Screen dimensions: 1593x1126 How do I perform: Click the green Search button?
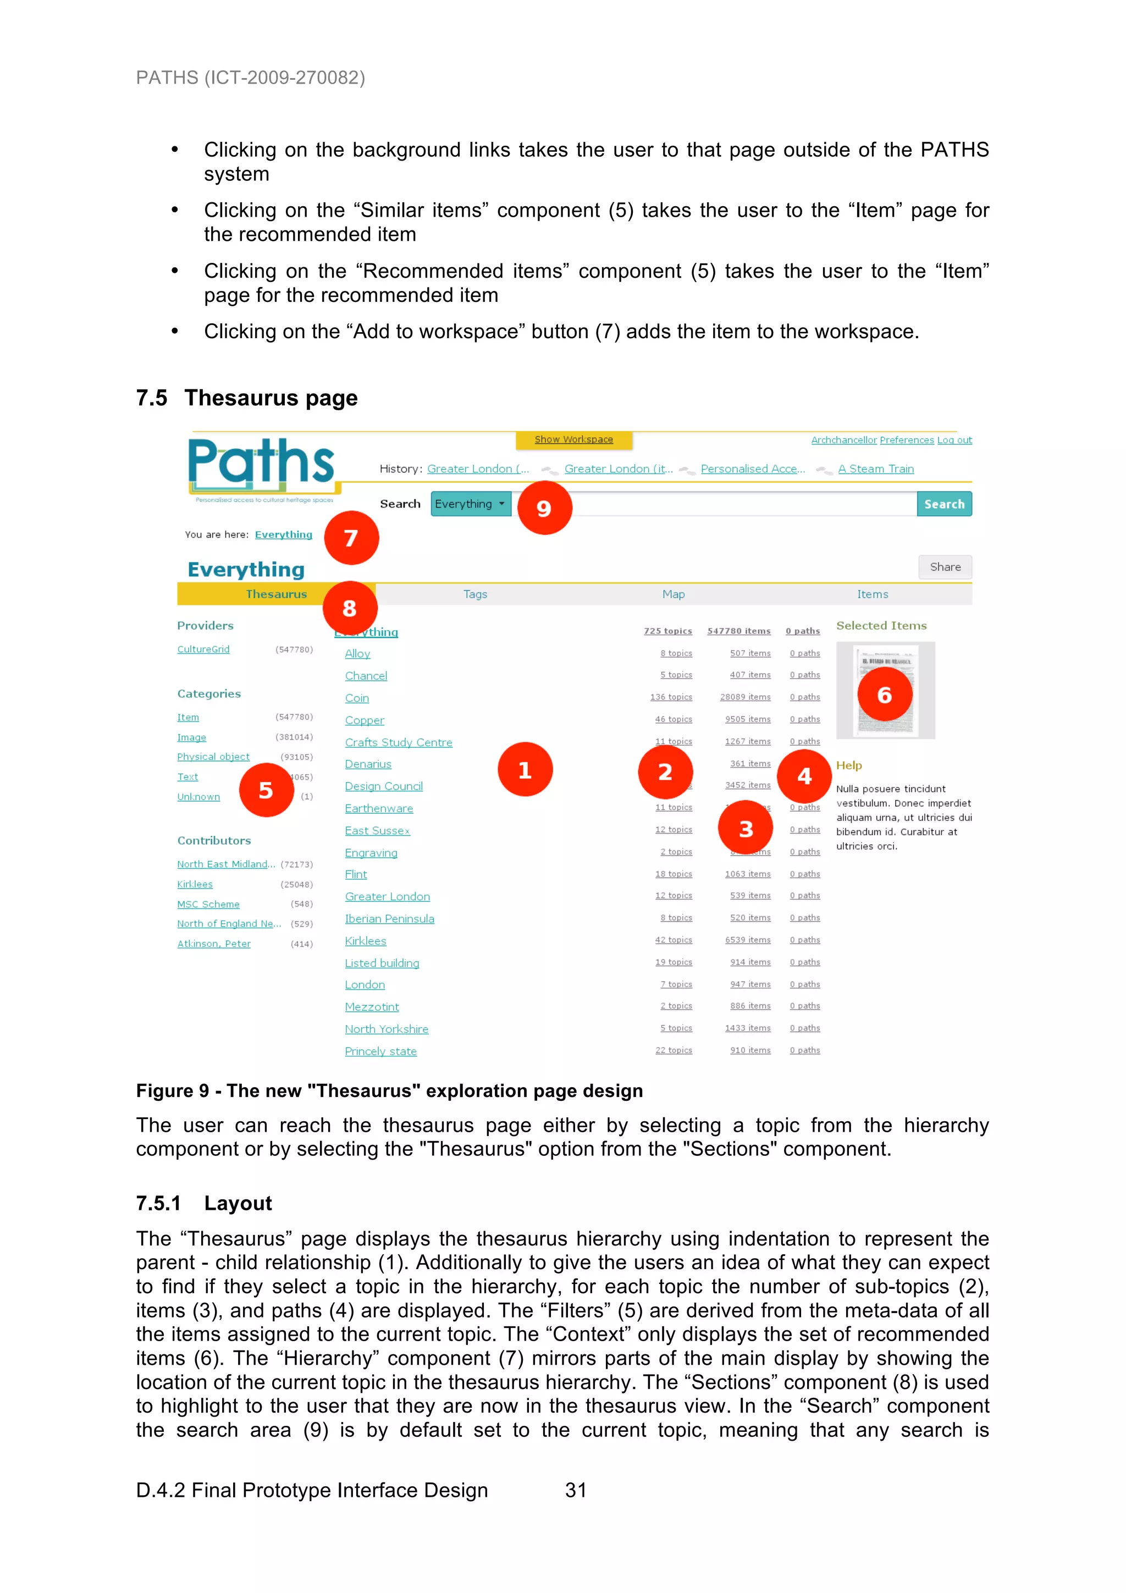point(943,504)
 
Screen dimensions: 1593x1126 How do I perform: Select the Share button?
point(945,567)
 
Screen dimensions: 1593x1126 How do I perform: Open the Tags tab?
point(475,594)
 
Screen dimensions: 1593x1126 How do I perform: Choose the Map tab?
point(673,594)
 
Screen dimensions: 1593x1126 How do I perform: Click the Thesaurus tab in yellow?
point(276,594)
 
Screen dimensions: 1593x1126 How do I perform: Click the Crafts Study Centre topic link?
point(398,742)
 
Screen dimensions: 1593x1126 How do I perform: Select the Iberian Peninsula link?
point(389,919)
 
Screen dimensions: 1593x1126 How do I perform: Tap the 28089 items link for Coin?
point(745,697)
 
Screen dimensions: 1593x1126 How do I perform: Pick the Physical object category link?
point(213,757)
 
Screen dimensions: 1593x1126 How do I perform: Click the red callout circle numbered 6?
point(885,694)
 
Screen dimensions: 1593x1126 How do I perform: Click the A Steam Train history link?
point(875,469)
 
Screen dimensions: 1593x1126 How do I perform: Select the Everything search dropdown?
point(471,504)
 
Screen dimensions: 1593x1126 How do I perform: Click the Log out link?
point(954,440)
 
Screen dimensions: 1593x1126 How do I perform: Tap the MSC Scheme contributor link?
point(208,904)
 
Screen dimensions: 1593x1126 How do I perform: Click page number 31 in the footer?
point(576,1490)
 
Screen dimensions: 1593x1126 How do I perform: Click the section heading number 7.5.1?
point(158,1203)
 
